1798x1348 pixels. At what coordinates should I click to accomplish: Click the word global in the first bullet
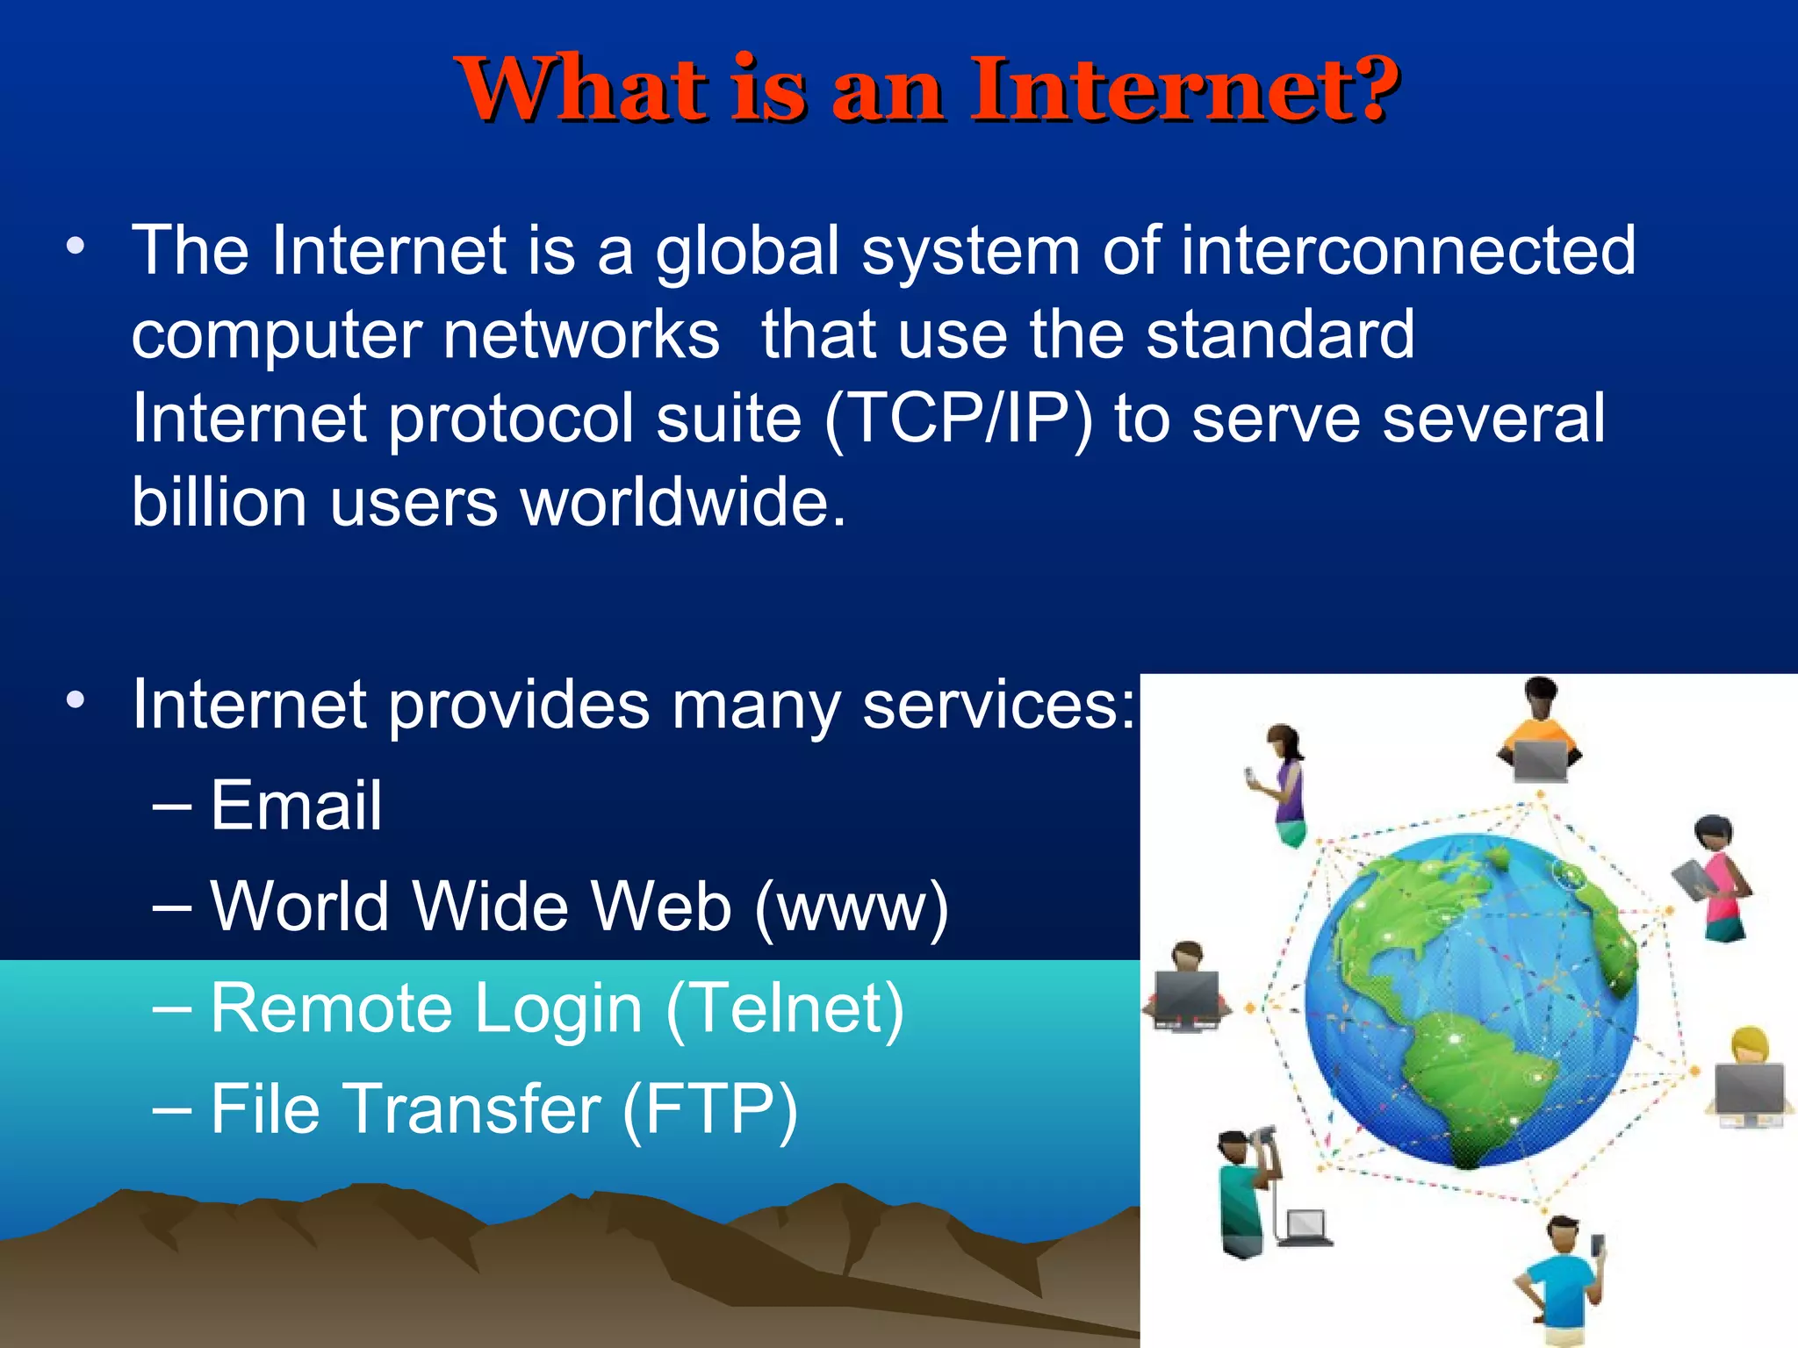pyautogui.click(x=748, y=252)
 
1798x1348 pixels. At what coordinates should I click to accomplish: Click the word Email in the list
pyautogui.click(x=296, y=806)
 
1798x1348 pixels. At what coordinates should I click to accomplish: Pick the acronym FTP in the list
pyautogui.click(x=709, y=1109)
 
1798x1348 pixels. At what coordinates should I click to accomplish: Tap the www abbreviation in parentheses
pyautogui.click(x=852, y=907)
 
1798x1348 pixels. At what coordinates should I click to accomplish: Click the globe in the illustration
pyautogui.click(x=1471, y=1000)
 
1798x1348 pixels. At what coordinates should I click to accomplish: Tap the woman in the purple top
pyautogui.click(x=1283, y=784)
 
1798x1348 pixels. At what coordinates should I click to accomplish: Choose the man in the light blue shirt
pyautogui.click(x=1564, y=1277)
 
